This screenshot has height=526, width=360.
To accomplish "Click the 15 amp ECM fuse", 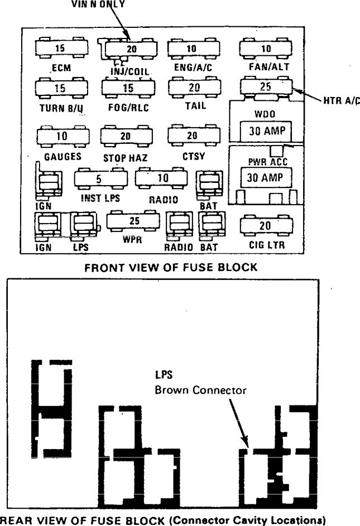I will click(61, 49).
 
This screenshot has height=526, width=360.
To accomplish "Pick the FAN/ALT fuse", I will click(266, 49).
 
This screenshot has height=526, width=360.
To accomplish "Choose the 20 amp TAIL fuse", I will click(194, 88).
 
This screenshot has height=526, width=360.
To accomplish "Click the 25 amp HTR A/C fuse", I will click(266, 87).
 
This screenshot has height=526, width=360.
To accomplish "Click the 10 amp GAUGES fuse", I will click(61, 136).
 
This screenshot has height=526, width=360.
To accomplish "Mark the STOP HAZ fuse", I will click(126, 136).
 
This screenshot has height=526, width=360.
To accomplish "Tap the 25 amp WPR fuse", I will click(133, 220).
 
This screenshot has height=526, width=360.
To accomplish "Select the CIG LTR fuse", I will click(266, 226).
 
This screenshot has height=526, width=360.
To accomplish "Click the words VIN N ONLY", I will click(99, 4).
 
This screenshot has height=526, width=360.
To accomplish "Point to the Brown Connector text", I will click(200, 390).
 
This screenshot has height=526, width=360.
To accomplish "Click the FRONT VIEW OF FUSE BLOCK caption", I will click(171, 268).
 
